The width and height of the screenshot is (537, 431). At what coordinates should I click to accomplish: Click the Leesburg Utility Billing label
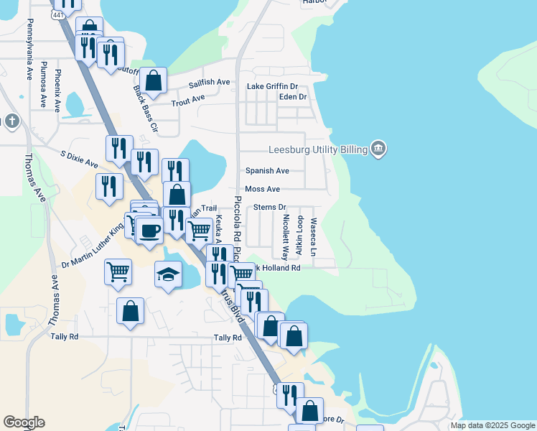(x=317, y=149)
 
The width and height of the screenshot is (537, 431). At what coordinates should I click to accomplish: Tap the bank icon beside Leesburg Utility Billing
(x=379, y=149)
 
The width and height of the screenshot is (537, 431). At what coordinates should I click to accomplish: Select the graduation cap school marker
(x=168, y=274)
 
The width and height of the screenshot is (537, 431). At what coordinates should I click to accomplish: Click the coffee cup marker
(x=149, y=231)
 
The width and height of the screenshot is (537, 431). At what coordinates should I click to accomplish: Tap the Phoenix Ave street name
(x=57, y=90)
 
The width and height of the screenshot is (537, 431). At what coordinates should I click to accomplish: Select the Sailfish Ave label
(x=209, y=83)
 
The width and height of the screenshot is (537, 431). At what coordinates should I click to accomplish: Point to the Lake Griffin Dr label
(x=272, y=87)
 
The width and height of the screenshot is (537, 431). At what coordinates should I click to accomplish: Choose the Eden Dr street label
(x=292, y=97)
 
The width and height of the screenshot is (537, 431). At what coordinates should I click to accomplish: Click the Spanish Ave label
(x=267, y=171)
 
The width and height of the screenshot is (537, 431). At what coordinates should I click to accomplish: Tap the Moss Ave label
(x=262, y=189)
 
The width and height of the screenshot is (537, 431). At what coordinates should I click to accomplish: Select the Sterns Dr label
(x=270, y=208)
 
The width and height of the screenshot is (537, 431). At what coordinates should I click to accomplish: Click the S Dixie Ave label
(x=79, y=159)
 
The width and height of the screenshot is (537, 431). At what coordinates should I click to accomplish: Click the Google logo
(x=24, y=422)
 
